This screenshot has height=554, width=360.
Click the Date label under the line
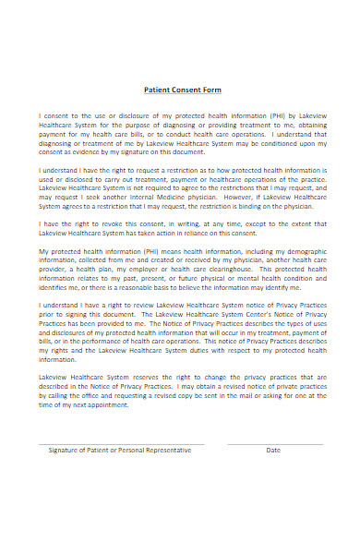[x=273, y=450]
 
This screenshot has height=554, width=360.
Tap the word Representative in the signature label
[x=165, y=450]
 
